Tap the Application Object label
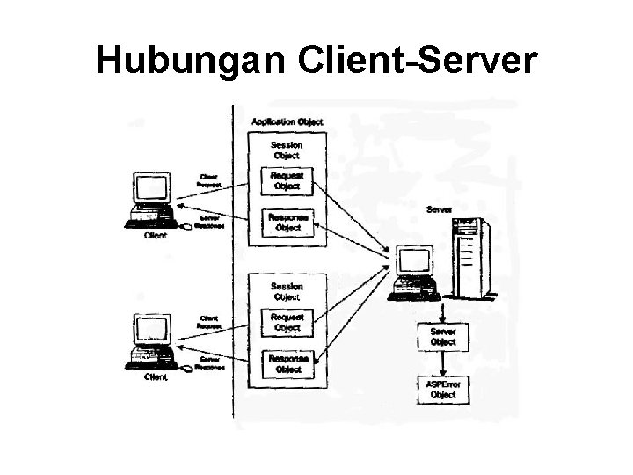(x=287, y=121)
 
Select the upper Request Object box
(x=287, y=180)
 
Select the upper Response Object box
(x=287, y=223)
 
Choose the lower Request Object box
(x=287, y=322)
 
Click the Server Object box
(x=443, y=337)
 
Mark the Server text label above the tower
(x=440, y=209)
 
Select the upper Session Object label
(x=287, y=150)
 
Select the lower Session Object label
(x=287, y=291)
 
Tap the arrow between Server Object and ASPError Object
(x=443, y=362)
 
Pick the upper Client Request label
(x=209, y=180)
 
